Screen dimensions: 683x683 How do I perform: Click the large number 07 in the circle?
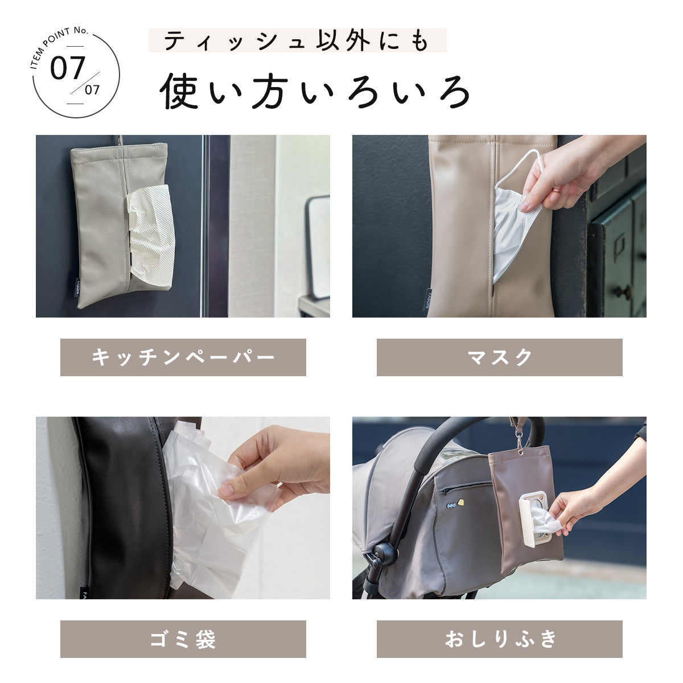tap(67, 68)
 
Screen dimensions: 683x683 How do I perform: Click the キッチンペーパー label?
tap(183, 357)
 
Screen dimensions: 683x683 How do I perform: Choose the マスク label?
tap(499, 357)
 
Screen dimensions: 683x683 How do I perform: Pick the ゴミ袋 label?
tap(183, 639)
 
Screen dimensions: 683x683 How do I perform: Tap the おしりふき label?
tap(499, 639)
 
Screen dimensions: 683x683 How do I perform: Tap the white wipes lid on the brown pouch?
tap(533, 515)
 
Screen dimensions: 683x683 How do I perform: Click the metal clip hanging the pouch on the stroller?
tap(519, 438)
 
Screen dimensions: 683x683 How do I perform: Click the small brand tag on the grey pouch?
tap(78, 285)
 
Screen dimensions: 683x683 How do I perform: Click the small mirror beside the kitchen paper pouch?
tap(318, 248)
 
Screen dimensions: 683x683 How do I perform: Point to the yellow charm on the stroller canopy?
tap(460, 501)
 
